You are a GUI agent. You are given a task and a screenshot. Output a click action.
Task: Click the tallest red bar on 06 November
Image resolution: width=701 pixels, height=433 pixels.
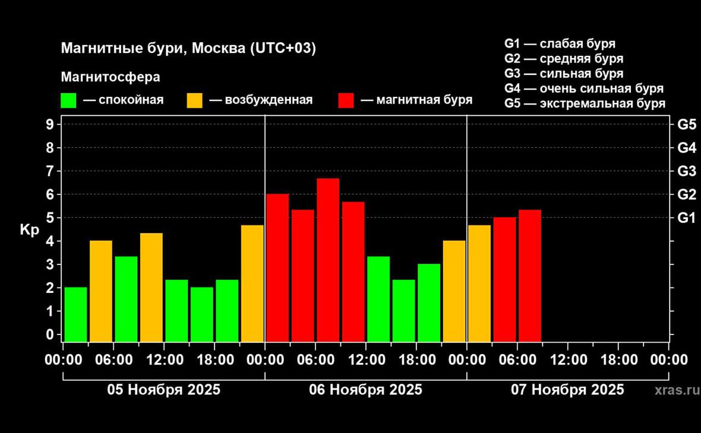[328, 260]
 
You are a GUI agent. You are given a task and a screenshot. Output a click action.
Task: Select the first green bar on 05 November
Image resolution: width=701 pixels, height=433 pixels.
[75, 314]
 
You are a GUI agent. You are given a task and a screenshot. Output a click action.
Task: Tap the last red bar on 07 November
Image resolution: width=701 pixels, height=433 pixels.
[530, 276]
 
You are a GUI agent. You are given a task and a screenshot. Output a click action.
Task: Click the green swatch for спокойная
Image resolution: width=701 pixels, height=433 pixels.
[69, 100]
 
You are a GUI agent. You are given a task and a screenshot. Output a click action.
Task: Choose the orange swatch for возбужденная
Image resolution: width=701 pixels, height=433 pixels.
[195, 100]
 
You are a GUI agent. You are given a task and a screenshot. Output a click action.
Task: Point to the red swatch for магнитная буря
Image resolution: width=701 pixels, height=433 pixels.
[346, 100]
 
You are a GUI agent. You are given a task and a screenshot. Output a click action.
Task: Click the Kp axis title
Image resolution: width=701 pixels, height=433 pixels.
[29, 230]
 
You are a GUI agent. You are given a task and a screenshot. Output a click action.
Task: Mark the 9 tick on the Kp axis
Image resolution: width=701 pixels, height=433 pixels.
[50, 124]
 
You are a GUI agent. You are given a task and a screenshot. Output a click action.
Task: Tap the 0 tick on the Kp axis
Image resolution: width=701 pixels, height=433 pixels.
[50, 335]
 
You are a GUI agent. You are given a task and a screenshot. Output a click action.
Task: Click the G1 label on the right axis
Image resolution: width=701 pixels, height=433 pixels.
[686, 218]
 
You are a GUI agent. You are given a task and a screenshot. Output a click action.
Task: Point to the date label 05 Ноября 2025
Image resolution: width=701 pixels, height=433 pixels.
[163, 390]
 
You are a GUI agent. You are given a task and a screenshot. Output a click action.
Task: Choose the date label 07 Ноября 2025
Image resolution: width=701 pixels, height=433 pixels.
[567, 390]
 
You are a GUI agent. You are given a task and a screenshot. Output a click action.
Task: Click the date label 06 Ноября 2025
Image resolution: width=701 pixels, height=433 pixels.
[365, 390]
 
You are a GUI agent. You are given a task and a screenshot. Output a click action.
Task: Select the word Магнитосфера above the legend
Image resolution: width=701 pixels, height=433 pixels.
[110, 77]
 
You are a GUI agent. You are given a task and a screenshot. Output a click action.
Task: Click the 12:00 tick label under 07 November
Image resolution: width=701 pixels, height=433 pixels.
[568, 360]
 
